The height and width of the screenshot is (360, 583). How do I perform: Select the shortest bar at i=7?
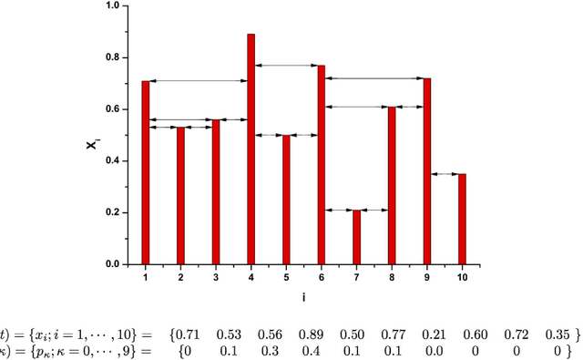click(356, 237)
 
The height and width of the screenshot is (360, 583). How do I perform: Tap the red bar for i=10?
click(462, 219)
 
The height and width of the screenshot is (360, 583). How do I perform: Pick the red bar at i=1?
click(145, 173)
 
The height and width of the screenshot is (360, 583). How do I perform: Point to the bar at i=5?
click(286, 201)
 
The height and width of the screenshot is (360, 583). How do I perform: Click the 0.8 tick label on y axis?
click(111, 57)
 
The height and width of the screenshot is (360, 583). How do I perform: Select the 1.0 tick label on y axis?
click(111, 5)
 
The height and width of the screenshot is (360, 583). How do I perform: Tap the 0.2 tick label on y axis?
click(111, 212)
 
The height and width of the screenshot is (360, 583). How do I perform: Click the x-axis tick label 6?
click(321, 276)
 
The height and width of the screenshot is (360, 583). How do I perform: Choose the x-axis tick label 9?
click(426, 276)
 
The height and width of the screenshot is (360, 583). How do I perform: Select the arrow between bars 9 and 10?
click(445, 173)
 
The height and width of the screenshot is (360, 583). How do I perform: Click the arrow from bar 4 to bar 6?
click(286, 65)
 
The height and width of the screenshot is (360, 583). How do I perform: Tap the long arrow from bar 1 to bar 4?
click(198, 81)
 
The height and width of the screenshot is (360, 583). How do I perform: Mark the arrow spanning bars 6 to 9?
click(373, 78)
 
